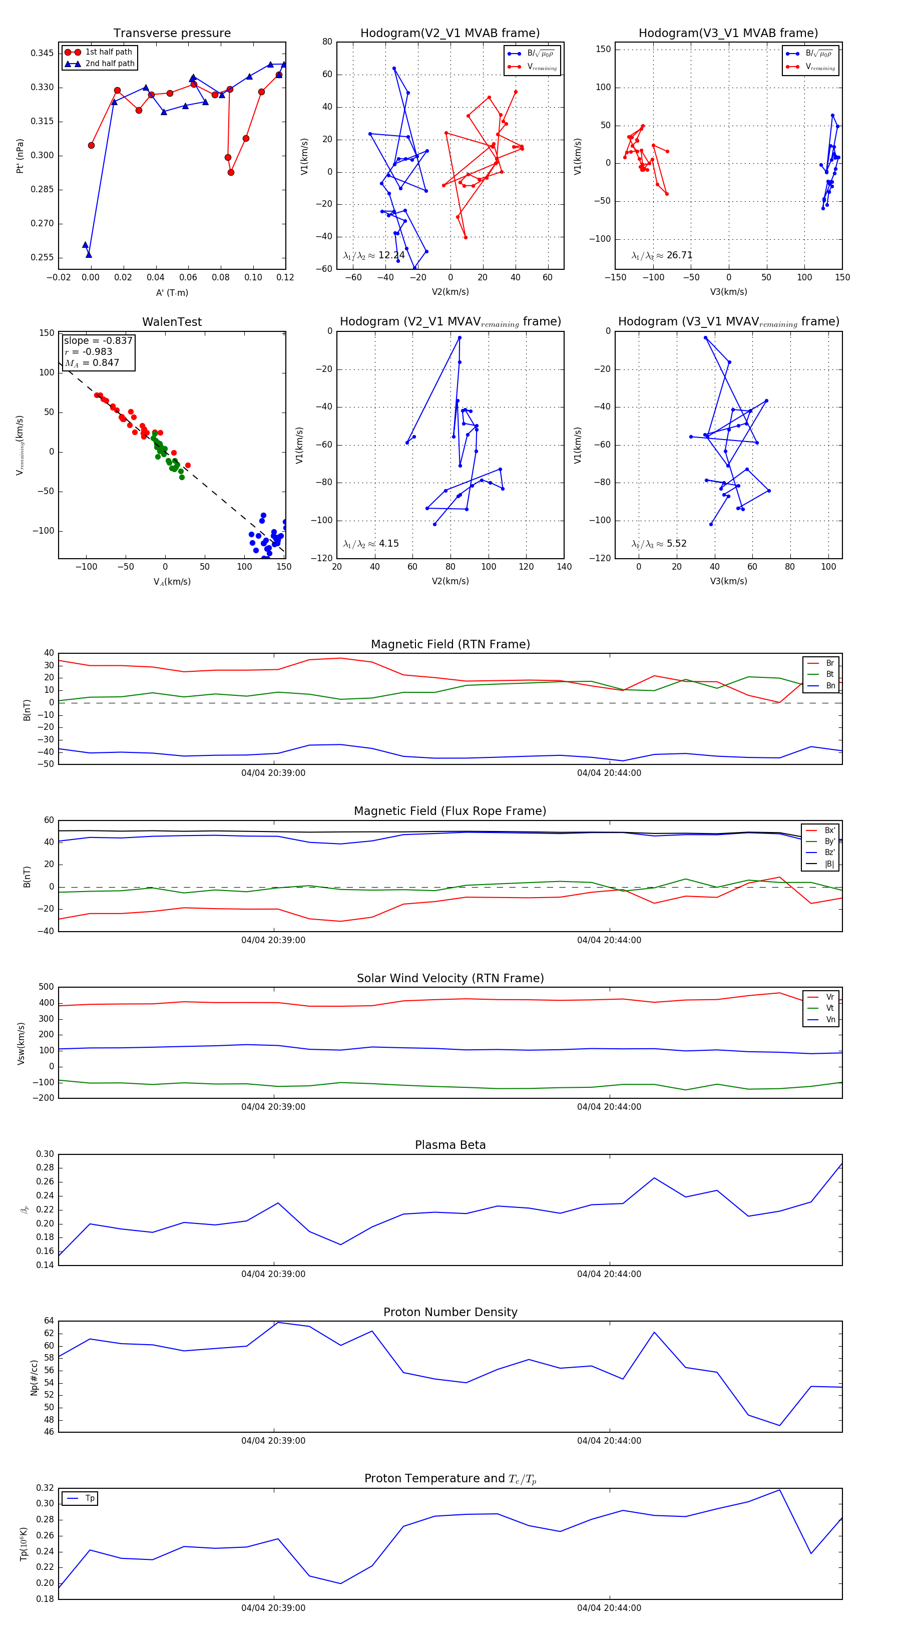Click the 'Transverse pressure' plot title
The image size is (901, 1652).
pyautogui.click(x=172, y=34)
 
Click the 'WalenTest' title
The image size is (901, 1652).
pyautogui.click(x=172, y=322)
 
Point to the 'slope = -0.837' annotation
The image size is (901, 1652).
pyautogui.click(x=98, y=340)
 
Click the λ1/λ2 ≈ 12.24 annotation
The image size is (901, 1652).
pyautogui.click(x=374, y=255)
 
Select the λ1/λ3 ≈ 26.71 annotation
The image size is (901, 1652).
pyautogui.click(x=662, y=255)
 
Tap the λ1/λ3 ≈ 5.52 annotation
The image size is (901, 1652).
pyautogui.click(x=659, y=544)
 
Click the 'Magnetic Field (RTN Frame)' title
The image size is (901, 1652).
pyautogui.click(x=450, y=644)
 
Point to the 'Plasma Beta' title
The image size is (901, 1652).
pyautogui.click(x=450, y=1145)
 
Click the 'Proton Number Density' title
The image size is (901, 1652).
pyautogui.click(x=450, y=1312)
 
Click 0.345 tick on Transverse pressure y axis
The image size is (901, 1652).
pyautogui.click(x=43, y=53)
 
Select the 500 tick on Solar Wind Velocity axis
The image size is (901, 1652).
pyautogui.click(x=46, y=987)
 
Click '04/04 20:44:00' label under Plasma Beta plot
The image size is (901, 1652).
pyautogui.click(x=609, y=1274)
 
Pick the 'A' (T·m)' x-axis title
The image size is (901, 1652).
pyautogui.click(x=172, y=292)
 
